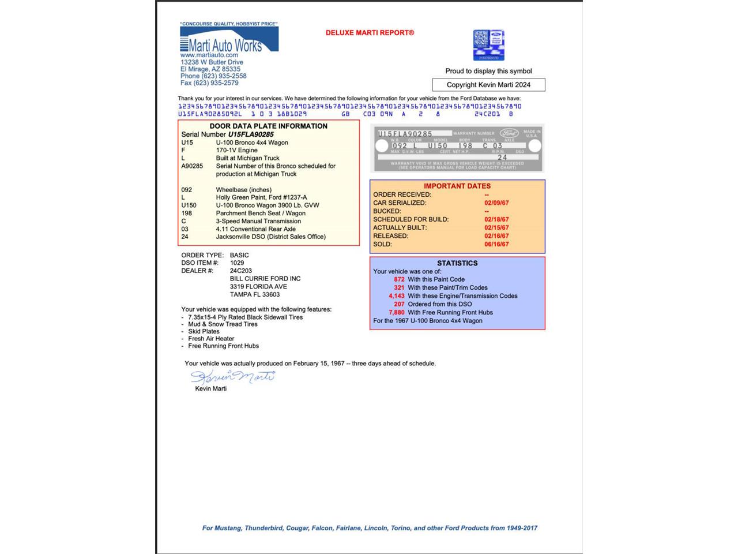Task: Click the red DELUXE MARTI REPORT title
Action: (x=370, y=33)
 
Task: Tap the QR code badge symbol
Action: (x=488, y=45)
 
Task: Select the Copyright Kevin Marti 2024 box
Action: (x=488, y=85)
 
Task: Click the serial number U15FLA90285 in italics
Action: (x=251, y=134)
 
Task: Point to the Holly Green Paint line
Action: (x=261, y=197)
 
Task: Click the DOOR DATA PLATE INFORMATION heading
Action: (x=268, y=126)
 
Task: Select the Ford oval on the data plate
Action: (x=509, y=133)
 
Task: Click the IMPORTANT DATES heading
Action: (x=457, y=186)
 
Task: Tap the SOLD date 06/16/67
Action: (x=496, y=244)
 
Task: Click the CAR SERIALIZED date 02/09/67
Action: (x=496, y=203)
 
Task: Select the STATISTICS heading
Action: (x=457, y=263)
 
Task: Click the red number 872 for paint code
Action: (x=399, y=279)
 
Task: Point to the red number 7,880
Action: (x=397, y=312)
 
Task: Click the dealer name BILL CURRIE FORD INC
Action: (x=265, y=279)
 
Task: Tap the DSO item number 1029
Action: (x=237, y=263)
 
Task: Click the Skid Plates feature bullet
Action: (x=204, y=331)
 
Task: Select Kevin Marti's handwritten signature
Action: (x=233, y=377)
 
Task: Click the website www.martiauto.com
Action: (x=209, y=55)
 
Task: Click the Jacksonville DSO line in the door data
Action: (x=270, y=237)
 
